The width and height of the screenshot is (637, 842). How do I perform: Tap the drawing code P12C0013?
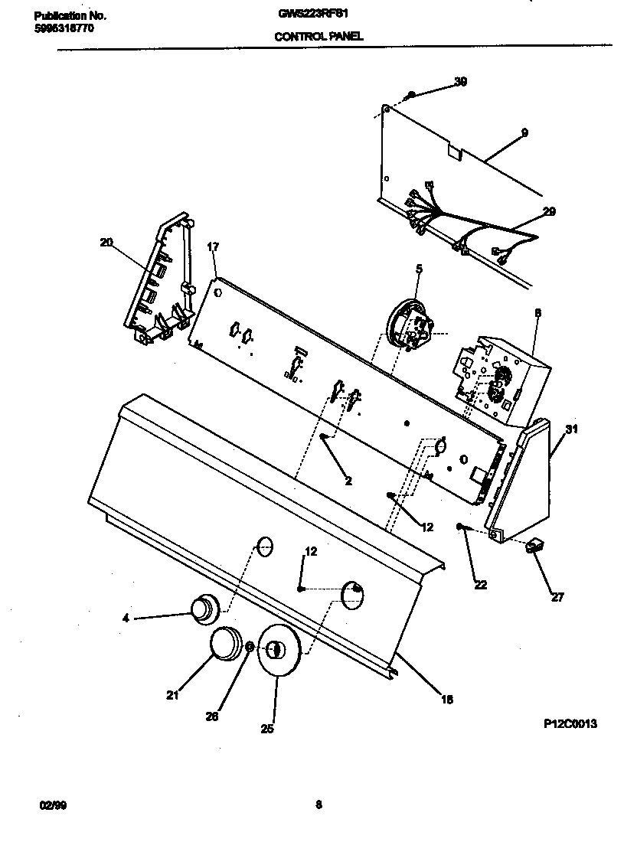click(570, 723)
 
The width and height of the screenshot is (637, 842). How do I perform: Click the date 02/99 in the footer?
click(48, 805)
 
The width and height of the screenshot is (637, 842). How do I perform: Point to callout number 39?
click(460, 82)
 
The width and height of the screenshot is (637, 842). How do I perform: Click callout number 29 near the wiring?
click(549, 211)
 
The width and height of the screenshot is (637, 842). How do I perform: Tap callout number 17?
click(213, 246)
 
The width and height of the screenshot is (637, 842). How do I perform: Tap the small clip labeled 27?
click(533, 547)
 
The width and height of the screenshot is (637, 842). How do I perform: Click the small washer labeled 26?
click(249, 648)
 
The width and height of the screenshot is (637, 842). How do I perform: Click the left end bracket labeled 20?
click(157, 279)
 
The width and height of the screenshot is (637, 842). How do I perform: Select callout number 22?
click(480, 585)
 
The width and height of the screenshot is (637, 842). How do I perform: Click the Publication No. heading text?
click(70, 15)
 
